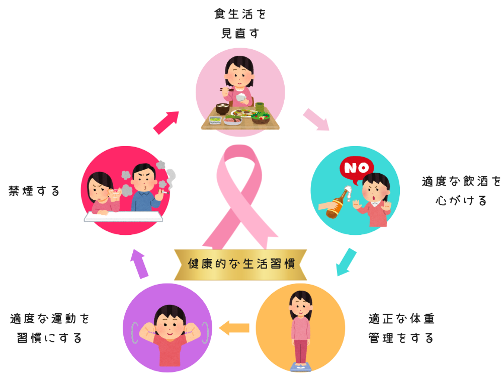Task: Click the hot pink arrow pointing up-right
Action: [x=166, y=122]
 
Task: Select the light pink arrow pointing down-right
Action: [x=316, y=119]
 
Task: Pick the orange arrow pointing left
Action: [x=234, y=328]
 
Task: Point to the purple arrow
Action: [x=139, y=264]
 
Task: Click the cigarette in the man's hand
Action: [x=164, y=192]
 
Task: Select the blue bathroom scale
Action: [x=301, y=367]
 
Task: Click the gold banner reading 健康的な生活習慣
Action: [x=240, y=265]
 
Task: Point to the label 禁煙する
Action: [x=34, y=191]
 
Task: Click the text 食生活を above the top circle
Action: [x=240, y=14]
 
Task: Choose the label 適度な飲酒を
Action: [x=461, y=181]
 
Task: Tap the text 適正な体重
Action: [x=401, y=319]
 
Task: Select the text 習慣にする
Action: [x=49, y=338]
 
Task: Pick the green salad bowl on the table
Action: [x=260, y=117]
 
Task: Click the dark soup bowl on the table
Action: [x=222, y=108]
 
